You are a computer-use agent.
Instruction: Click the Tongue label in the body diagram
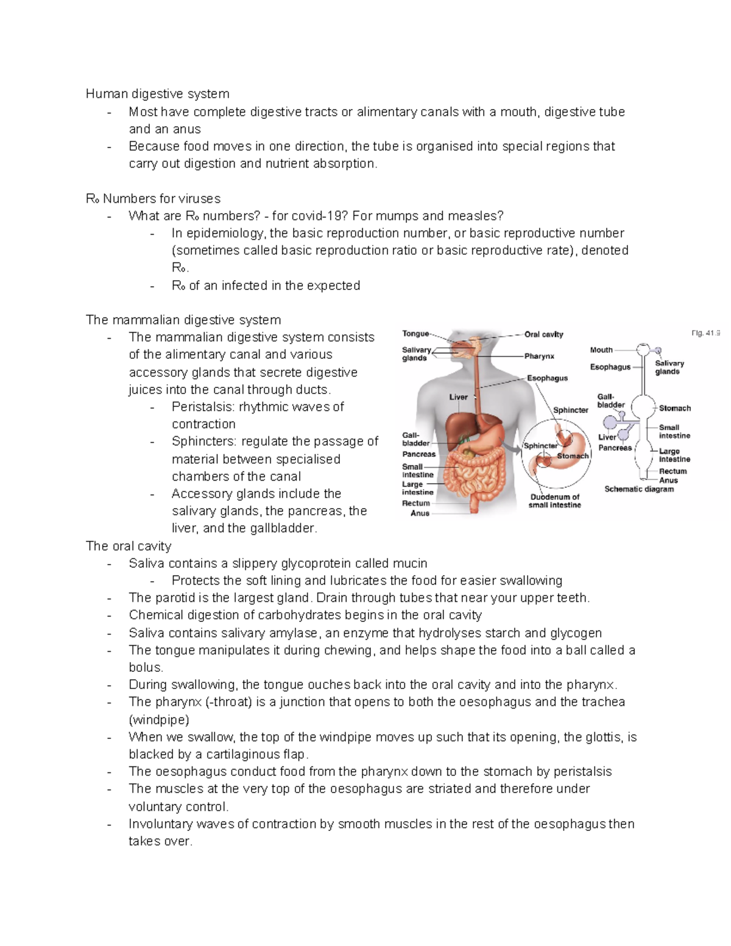point(415,334)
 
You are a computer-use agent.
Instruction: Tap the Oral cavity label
point(543,334)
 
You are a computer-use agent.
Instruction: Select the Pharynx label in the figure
point(539,356)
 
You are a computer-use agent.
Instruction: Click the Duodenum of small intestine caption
point(554,501)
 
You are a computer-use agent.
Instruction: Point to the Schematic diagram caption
point(639,489)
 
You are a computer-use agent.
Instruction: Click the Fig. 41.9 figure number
point(705,333)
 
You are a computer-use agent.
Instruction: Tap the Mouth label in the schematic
point(601,350)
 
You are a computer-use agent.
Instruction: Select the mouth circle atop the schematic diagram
point(643,350)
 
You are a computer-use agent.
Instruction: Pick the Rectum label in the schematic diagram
point(673,471)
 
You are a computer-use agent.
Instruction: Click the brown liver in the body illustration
point(463,426)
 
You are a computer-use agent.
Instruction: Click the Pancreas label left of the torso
point(418,454)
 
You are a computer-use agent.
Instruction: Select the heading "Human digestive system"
point(157,94)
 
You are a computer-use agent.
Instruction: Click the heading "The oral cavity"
point(129,546)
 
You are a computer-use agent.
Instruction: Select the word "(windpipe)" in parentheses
point(158,720)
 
